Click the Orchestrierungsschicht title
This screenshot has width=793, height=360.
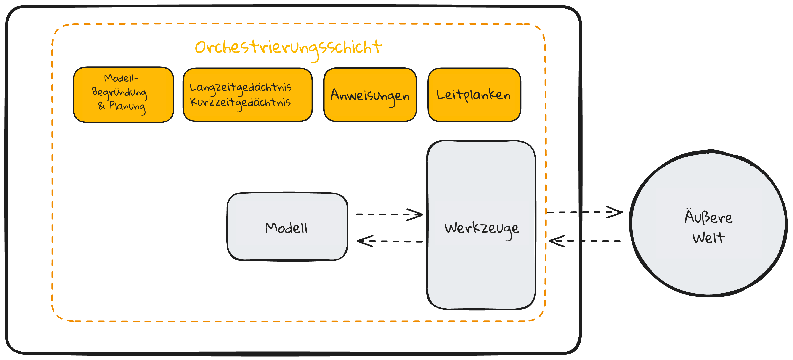(x=288, y=48)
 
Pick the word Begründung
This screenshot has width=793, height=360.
(x=119, y=92)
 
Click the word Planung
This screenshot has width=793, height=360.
(x=127, y=107)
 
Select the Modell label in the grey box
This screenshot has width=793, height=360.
(x=286, y=228)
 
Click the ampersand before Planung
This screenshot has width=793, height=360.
(x=101, y=106)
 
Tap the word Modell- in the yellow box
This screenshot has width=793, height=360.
(x=121, y=78)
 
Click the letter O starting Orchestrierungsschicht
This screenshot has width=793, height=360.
(x=202, y=48)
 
